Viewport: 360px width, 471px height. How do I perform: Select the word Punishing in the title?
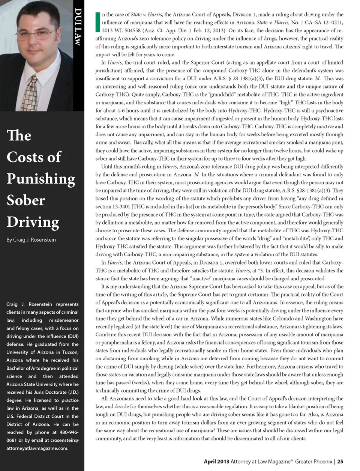click(41, 179)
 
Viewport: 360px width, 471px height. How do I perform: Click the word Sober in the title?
click(26, 200)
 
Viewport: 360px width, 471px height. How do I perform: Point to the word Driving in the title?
click(33, 222)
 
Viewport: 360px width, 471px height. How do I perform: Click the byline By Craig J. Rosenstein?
click(31, 240)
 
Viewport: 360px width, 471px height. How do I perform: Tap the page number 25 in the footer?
click(340, 462)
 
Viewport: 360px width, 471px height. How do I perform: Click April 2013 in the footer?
click(216, 462)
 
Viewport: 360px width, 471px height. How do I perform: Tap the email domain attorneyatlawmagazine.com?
click(37, 448)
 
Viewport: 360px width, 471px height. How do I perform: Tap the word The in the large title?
click(19, 135)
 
